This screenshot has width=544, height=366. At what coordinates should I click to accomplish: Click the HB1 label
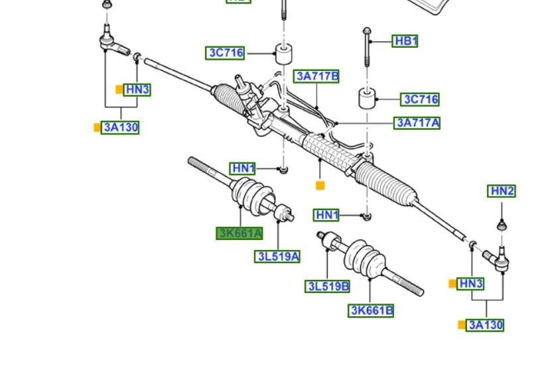pyautogui.click(x=405, y=41)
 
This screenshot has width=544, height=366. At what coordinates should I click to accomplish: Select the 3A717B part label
pyautogui.click(x=317, y=77)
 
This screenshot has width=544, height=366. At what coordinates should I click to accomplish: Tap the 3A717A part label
pyautogui.click(x=417, y=123)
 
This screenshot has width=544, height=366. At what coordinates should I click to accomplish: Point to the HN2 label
pyautogui.click(x=502, y=191)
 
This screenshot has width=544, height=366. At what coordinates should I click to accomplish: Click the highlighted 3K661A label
pyautogui.click(x=239, y=233)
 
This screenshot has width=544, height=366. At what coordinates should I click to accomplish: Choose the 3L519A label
pyautogui.click(x=277, y=257)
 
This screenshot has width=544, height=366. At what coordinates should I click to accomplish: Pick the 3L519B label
pyautogui.click(x=328, y=286)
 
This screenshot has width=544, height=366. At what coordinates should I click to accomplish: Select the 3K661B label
pyautogui.click(x=371, y=310)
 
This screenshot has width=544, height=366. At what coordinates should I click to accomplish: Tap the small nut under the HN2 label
pyautogui.click(x=502, y=225)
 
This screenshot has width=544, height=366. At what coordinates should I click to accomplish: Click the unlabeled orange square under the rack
pyautogui.click(x=320, y=186)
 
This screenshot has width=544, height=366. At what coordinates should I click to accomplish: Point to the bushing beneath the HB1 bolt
pyautogui.click(x=368, y=97)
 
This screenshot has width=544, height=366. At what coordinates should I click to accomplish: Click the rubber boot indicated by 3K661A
pyautogui.click(x=251, y=195)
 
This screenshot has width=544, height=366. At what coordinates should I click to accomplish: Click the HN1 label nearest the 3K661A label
pyautogui.click(x=243, y=169)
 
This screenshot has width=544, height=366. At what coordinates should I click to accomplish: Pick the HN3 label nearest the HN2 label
pyautogui.click(x=471, y=284)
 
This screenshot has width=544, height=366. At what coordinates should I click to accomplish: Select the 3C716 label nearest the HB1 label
pyautogui.click(x=421, y=100)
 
